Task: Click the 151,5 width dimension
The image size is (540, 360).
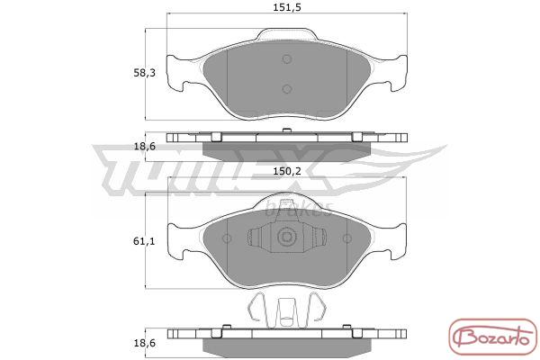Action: click(x=287, y=7)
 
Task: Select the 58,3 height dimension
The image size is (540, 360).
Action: click(x=144, y=73)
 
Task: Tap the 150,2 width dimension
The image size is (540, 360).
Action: click(x=287, y=171)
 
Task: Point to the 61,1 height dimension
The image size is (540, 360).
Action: click(x=144, y=241)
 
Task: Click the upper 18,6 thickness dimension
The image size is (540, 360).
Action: click(x=144, y=147)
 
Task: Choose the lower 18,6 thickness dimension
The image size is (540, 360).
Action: click(x=144, y=343)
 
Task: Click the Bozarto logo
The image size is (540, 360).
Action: click(x=493, y=337)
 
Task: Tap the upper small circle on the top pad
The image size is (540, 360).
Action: click(x=287, y=58)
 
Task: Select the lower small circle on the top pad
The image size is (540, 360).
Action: click(x=287, y=89)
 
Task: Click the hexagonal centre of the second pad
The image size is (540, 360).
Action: click(x=286, y=237)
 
